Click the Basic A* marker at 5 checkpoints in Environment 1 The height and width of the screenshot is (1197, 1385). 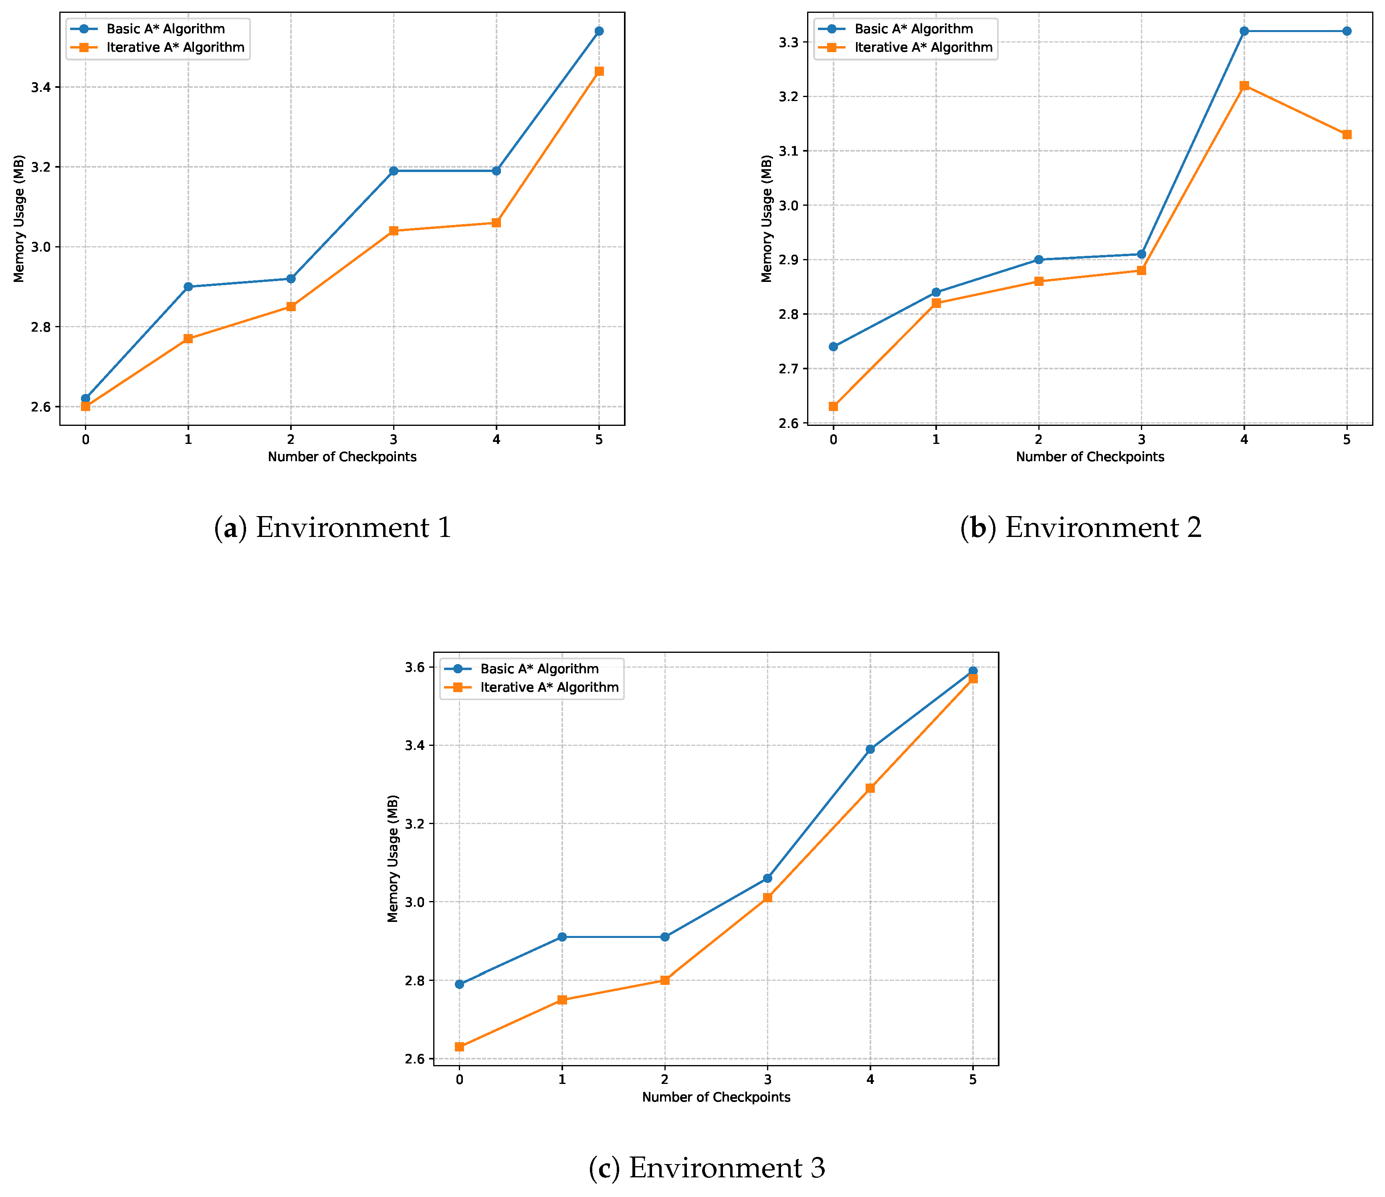599,31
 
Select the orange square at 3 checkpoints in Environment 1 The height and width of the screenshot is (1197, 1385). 394,231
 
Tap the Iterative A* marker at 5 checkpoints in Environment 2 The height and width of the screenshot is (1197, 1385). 1347,134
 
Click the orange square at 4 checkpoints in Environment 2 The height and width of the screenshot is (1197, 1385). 1244,85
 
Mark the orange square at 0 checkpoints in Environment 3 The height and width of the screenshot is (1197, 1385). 459,1047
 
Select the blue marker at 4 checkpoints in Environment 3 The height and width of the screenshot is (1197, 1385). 870,749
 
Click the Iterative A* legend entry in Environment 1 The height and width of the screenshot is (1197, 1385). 175,47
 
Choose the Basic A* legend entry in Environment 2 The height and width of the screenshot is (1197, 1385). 913,29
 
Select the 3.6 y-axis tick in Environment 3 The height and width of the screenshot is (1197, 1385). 416,667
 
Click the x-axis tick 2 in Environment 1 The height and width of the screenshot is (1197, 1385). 291,440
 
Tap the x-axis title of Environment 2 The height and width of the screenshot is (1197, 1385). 1090,457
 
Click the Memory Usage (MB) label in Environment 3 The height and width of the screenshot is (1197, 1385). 393,859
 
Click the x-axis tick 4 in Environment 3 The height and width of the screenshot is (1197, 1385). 870,1080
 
